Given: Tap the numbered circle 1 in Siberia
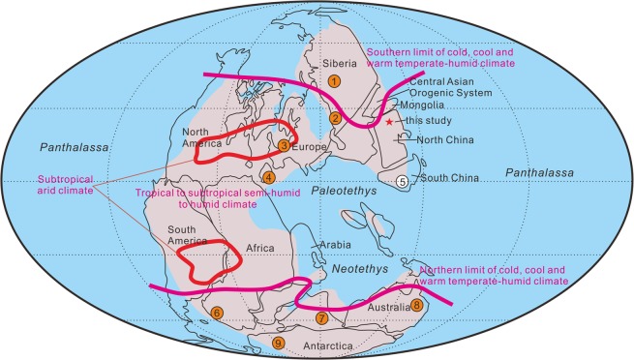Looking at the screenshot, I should [334, 81].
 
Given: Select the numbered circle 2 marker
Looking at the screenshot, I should [335, 118].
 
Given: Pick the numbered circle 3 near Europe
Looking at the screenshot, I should [284, 145].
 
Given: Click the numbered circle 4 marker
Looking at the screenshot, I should [269, 177].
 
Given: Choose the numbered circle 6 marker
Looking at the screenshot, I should [217, 313].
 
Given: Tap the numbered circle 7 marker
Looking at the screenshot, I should [322, 318].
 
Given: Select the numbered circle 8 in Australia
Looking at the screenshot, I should [417, 305].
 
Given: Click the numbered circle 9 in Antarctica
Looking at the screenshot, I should [279, 344].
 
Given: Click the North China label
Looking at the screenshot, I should [442, 140].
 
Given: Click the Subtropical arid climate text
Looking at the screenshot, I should [68, 184].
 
